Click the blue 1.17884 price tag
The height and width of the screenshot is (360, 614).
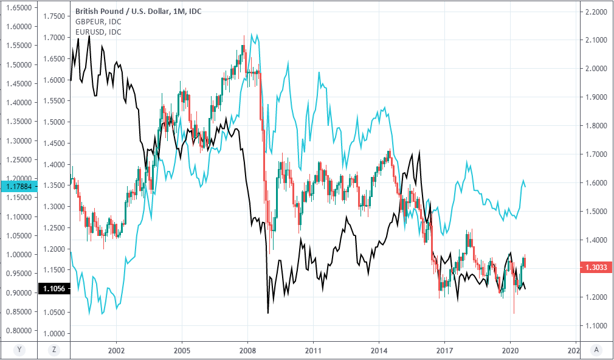tap(19, 187)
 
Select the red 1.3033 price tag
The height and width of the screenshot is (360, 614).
tap(596, 267)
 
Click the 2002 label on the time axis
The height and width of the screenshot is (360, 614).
tap(116, 351)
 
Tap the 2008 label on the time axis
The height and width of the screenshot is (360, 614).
tap(247, 351)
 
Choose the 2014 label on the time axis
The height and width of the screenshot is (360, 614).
tap(379, 351)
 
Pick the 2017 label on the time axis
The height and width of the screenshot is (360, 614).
tap(444, 351)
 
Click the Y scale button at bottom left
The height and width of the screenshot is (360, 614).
tap(19, 350)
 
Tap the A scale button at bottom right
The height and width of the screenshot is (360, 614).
tap(597, 350)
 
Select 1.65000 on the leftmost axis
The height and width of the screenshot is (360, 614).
tap(19, 8)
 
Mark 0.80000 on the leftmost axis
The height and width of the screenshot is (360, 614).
tap(19, 331)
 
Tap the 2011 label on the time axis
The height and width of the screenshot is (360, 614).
tap(312, 351)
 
